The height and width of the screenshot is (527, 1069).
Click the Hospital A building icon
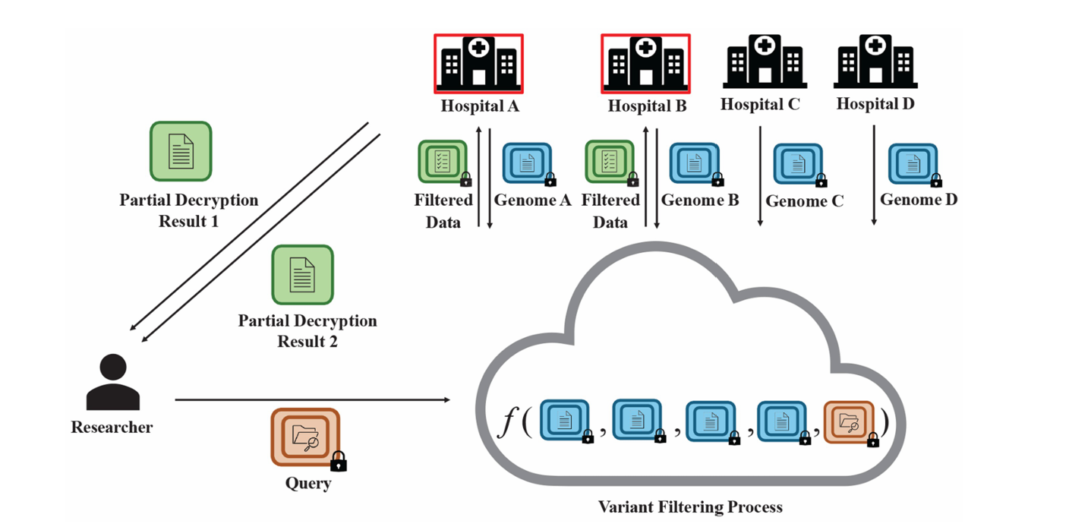(478, 62)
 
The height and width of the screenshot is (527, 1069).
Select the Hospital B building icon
(645, 62)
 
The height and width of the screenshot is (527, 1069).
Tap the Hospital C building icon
(764, 61)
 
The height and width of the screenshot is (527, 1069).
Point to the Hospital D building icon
(875, 61)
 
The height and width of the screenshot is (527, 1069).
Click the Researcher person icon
(112, 383)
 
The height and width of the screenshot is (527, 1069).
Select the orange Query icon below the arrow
(306, 437)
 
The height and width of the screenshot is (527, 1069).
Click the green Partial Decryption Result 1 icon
(181, 151)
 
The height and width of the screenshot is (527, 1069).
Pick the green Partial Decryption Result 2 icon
(303, 274)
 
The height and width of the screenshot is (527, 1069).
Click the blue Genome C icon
(797, 164)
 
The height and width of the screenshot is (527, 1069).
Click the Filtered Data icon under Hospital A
(443, 162)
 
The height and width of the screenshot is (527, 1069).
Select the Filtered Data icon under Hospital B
(610, 162)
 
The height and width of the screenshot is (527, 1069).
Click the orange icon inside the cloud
(849, 420)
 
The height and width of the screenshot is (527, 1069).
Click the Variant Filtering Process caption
(689, 506)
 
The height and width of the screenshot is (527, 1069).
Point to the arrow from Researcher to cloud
(311, 399)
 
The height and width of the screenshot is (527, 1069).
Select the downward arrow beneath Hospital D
(874, 175)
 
